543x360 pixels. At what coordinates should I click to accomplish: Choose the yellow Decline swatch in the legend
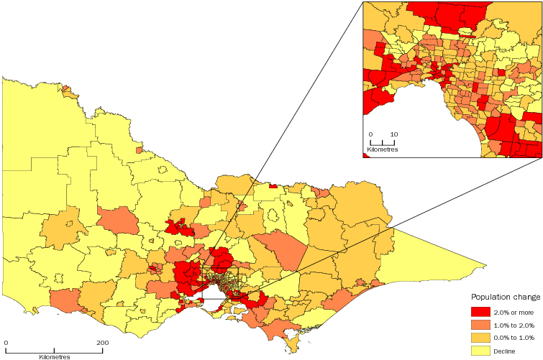[480, 350]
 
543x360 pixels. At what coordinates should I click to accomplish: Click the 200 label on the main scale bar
[102, 343]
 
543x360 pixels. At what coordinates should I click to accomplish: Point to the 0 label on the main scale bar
[6, 343]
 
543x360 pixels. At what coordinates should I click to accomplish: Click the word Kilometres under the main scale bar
[53, 356]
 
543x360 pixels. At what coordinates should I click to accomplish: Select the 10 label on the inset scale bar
[394, 134]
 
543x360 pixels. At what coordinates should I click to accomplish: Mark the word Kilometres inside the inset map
[382, 149]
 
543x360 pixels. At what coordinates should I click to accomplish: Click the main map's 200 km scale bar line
[54, 351]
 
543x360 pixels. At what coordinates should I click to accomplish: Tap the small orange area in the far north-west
[68, 92]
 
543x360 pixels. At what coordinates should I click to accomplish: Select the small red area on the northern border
[273, 186]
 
